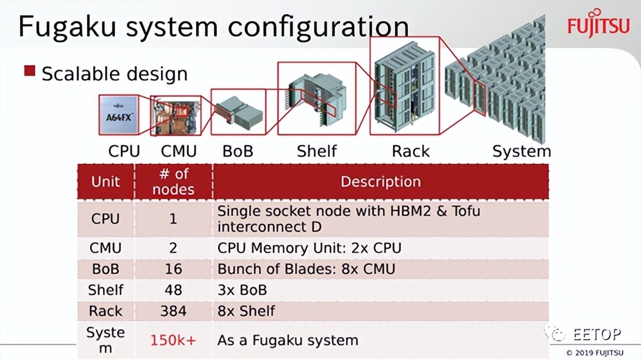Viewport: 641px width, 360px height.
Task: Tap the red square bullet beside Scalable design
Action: [x=30, y=72]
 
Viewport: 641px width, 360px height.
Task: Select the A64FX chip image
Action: [x=119, y=115]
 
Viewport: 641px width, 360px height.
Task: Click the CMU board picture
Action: [x=175, y=116]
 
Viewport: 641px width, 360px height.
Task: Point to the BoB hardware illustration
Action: [x=238, y=113]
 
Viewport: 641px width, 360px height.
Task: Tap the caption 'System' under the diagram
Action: [x=521, y=152]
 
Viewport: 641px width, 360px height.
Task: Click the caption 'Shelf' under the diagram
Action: [x=316, y=152]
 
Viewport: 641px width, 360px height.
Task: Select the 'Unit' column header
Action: [x=105, y=182]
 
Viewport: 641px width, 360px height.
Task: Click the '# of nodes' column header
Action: [x=173, y=182]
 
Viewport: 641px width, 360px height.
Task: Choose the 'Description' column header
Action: [x=380, y=182]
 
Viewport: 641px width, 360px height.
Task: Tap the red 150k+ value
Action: [x=173, y=340]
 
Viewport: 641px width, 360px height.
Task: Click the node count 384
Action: [x=173, y=311]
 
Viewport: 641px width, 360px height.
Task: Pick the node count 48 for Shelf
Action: [x=173, y=289]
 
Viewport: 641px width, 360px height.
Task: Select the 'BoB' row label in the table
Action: [x=105, y=269]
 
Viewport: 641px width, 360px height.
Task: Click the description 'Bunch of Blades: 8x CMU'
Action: [x=306, y=269]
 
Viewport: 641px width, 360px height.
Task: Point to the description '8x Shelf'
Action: [x=246, y=311]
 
